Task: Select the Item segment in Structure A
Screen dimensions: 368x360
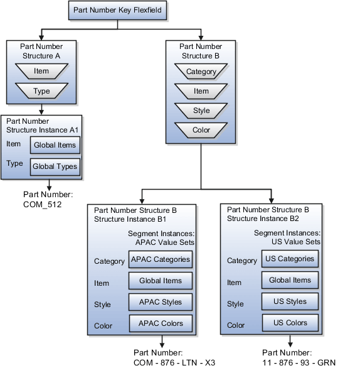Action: [x=41, y=72]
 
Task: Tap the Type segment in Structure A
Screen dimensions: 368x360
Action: [x=41, y=92]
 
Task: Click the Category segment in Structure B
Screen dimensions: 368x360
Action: [x=201, y=72]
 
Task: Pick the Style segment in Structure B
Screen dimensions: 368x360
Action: [x=201, y=111]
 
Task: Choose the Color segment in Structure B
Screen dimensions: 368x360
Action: [x=201, y=131]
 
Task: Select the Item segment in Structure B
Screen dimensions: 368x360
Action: [x=201, y=92]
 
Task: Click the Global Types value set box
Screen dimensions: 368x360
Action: [x=55, y=166]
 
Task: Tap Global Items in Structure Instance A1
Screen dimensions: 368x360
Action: [x=55, y=145]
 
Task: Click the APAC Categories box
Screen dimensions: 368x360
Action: [x=161, y=259]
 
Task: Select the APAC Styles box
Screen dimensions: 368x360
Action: [x=161, y=302]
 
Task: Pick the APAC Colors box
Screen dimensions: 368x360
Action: [x=161, y=323]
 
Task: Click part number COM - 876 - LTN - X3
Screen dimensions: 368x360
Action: [x=175, y=363]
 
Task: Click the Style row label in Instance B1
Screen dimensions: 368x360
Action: [x=102, y=305]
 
